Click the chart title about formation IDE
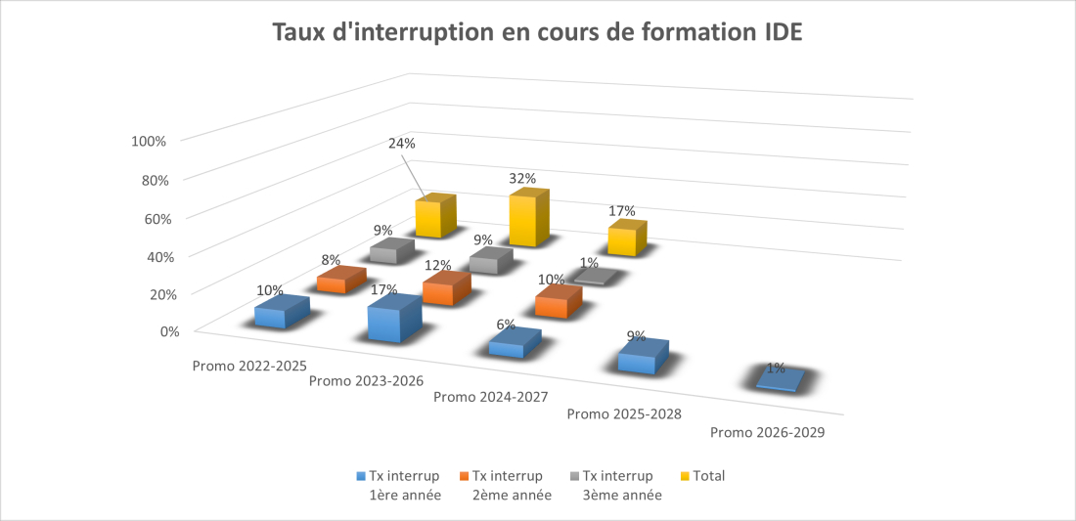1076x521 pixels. click(x=537, y=31)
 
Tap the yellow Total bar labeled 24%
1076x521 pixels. click(x=435, y=217)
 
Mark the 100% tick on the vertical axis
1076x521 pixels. click(x=149, y=141)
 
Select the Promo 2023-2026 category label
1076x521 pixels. click(x=366, y=380)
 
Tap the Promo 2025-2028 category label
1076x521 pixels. click(x=624, y=413)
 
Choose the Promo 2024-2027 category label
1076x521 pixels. click(x=490, y=397)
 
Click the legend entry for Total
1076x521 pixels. click(x=708, y=476)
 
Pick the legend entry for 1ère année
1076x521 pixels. click(x=404, y=486)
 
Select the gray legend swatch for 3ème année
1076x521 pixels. click(x=574, y=477)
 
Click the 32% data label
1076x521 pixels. click(x=521, y=178)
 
